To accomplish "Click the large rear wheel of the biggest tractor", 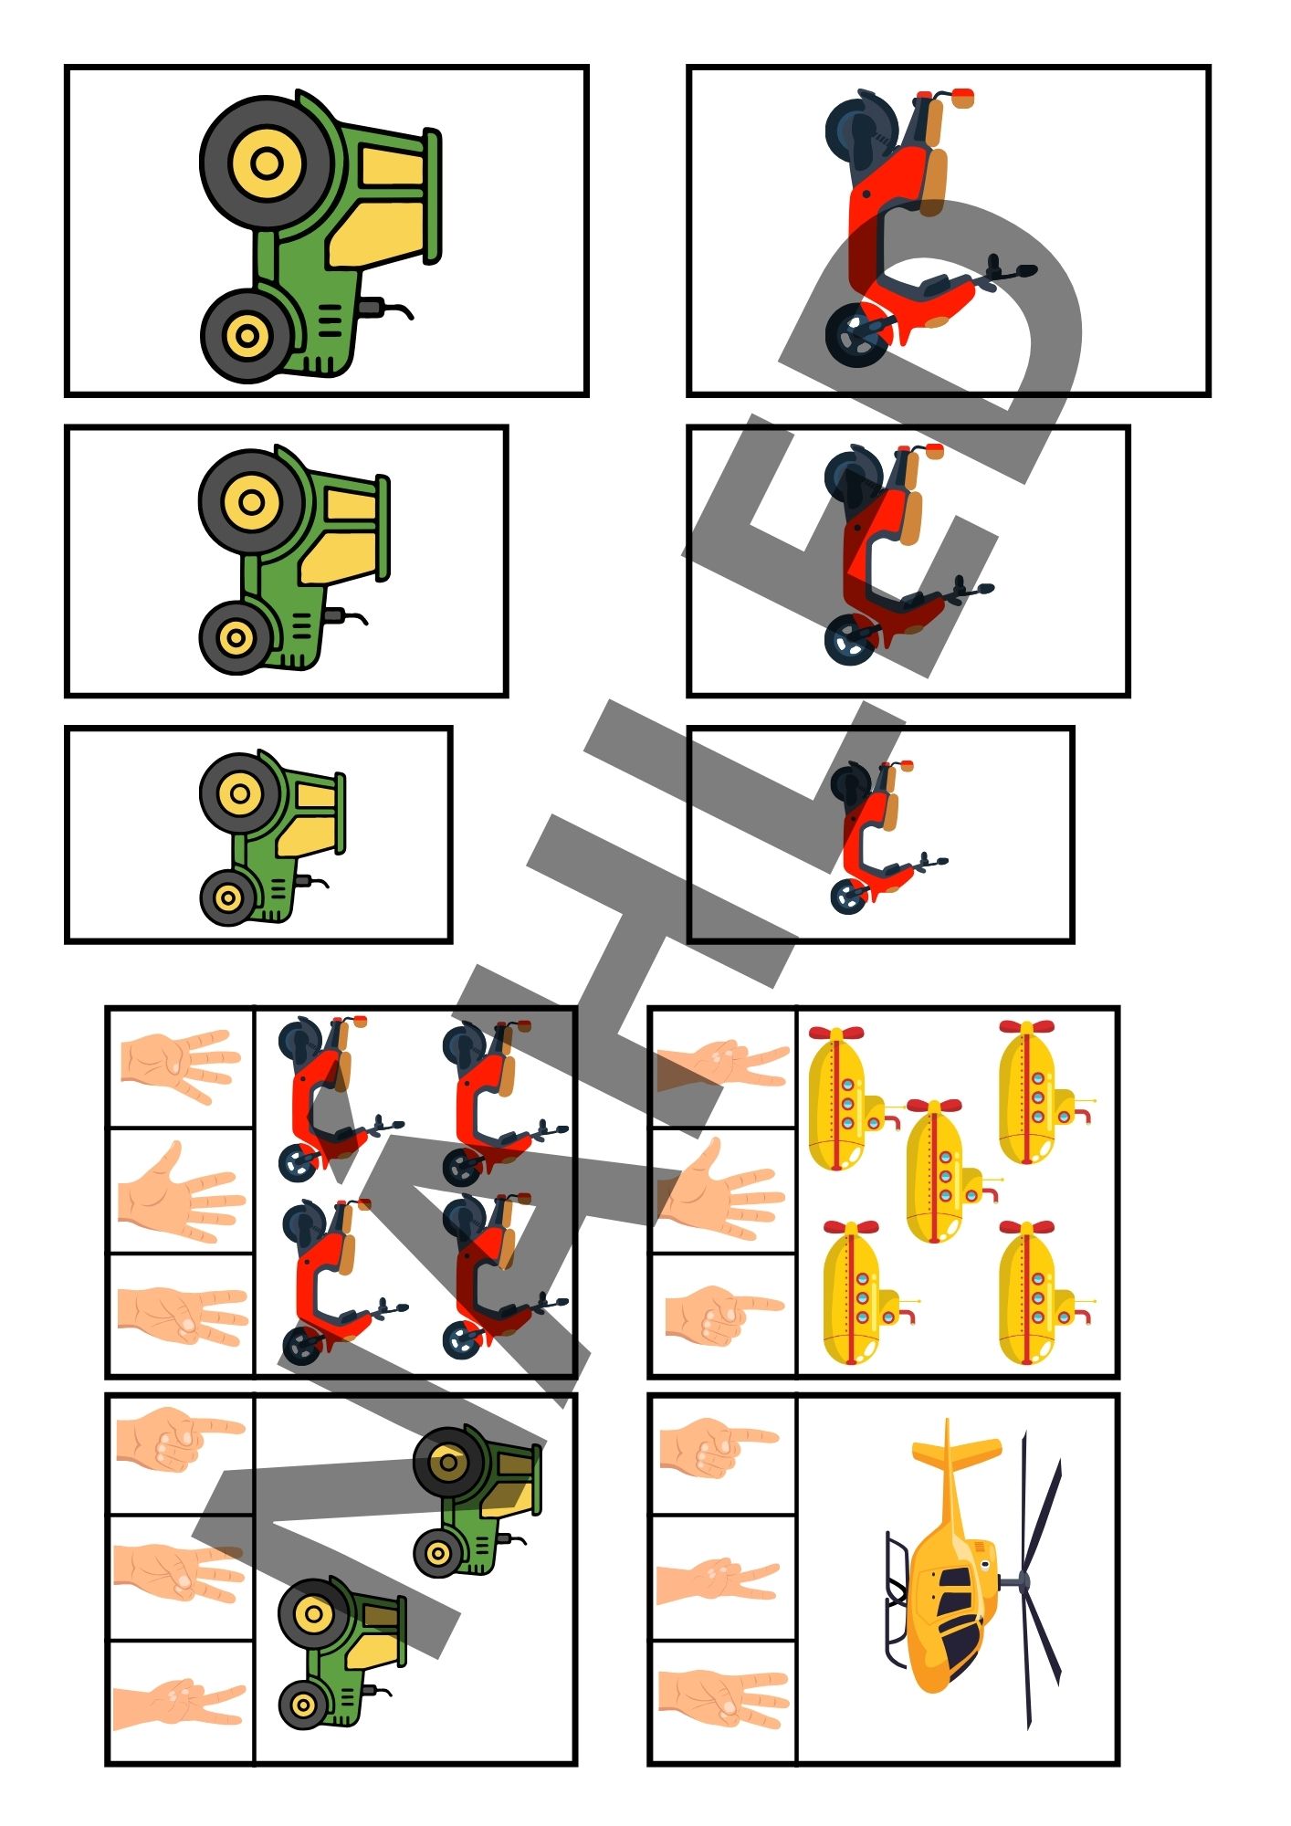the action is point(267,164).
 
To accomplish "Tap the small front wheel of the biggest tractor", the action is point(247,335).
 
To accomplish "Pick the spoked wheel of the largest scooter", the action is point(856,335).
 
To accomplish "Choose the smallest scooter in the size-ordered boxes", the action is point(887,835).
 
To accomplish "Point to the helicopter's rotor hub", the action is point(1023,1580).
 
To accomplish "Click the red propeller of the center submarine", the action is point(934,1106).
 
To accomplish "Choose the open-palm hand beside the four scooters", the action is point(182,1191).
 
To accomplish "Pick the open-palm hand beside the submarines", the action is point(721,1191).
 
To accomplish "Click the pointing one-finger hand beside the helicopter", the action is point(718,1446).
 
